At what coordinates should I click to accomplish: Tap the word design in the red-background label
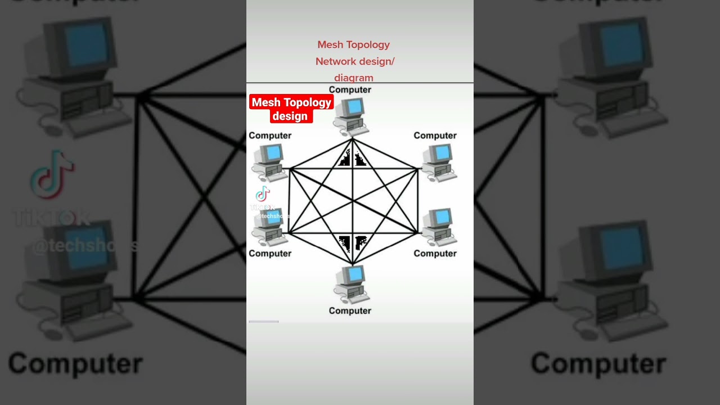pyautogui.click(x=290, y=116)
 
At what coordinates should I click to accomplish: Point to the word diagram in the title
pyautogui.click(x=353, y=78)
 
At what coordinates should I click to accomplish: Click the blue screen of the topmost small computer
pyautogui.click(x=354, y=106)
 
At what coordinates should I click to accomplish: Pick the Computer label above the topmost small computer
pyautogui.click(x=350, y=90)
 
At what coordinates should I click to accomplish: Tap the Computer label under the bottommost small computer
pyautogui.click(x=350, y=310)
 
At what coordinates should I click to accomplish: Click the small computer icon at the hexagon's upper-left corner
pyautogui.click(x=269, y=162)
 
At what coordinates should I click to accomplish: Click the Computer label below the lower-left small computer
pyautogui.click(x=270, y=254)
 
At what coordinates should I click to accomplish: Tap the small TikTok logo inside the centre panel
pyautogui.click(x=263, y=194)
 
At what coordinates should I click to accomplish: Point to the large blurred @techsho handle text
pyautogui.click(x=84, y=246)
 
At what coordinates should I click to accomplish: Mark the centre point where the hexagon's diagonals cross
pyautogui.click(x=353, y=201)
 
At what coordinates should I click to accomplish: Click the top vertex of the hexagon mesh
pyautogui.click(x=353, y=138)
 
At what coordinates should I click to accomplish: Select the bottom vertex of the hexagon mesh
pyautogui.click(x=353, y=264)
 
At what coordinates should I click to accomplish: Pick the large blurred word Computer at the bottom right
pyautogui.click(x=598, y=364)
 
